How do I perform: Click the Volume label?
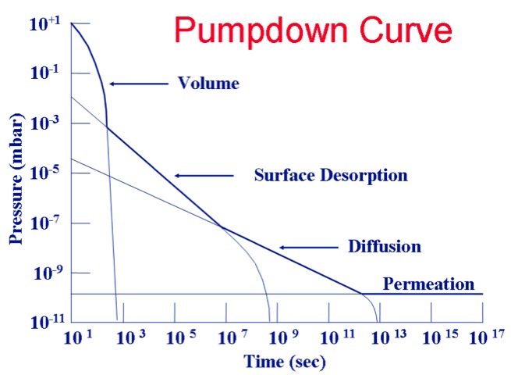pyautogui.click(x=208, y=83)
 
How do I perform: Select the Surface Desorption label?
pyautogui.click(x=331, y=175)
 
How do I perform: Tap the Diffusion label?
pyautogui.click(x=385, y=247)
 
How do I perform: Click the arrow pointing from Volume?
pyautogui.click(x=138, y=83)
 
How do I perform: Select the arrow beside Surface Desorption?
pyautogui.click(x=204, y=175)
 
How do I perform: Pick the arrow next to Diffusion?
pyautogui.click(x=307, y=247)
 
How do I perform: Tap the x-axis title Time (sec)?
pyautogui.click(x=285, y=362)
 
